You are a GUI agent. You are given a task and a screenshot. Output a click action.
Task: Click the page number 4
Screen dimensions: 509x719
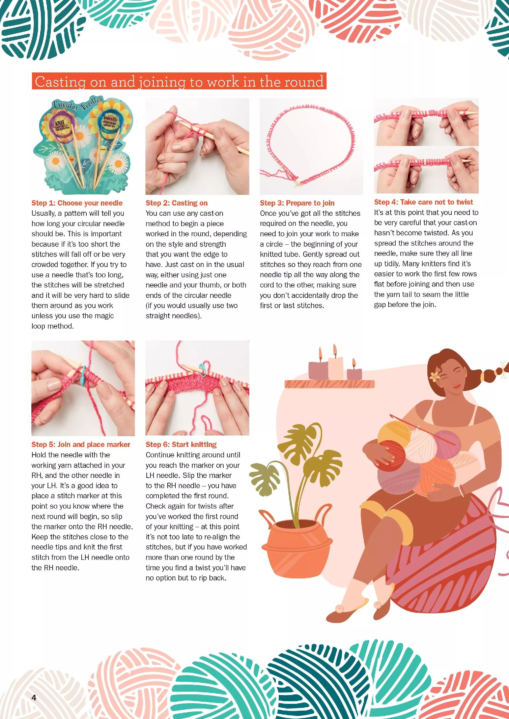(x=34, y=697)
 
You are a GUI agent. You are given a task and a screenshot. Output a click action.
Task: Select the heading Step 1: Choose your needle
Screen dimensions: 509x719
(x=77, y=203)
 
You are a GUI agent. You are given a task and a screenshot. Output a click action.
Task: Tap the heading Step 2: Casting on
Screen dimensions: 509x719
(x=176, y=203)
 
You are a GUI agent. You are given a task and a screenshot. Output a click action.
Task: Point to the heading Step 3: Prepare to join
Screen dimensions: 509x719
(x=297, y=203)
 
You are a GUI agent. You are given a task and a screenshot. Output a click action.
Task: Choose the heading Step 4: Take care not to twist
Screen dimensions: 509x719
(x=423, y=202)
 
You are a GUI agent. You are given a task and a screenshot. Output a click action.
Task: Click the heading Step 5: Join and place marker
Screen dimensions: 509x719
(x=81, y=444)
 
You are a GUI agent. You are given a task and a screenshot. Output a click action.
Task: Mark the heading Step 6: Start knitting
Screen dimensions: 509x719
(x=181, y=444)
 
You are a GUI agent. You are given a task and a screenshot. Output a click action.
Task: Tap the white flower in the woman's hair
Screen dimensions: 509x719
(x=434, y=376)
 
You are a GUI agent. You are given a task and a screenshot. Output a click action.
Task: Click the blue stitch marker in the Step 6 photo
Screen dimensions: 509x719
(x=202, y=369)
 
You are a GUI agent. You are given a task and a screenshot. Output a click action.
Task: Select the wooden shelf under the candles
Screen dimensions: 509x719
(x=329, y=384)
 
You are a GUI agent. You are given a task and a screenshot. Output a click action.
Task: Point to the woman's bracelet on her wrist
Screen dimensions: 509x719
(x=461, y=490)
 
